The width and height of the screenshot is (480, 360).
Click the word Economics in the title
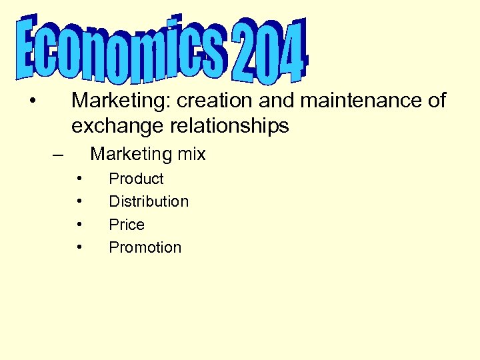tap(123, 50)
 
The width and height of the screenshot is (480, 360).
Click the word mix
tap(192, 154)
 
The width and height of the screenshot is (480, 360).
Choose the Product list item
tap(136, 179)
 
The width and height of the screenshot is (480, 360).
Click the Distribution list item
tap(149, 201)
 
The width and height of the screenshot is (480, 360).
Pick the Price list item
tap(127, 225)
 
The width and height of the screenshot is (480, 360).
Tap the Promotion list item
tap(145, 247)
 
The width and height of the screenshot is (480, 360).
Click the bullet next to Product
tap(79, 179)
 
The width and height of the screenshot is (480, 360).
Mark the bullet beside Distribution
tap(79, 201)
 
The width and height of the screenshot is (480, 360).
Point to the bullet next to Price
tap(79, 225)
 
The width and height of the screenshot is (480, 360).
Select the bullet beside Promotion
tap(79, 247)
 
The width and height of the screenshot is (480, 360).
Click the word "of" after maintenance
tap(437, 101)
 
